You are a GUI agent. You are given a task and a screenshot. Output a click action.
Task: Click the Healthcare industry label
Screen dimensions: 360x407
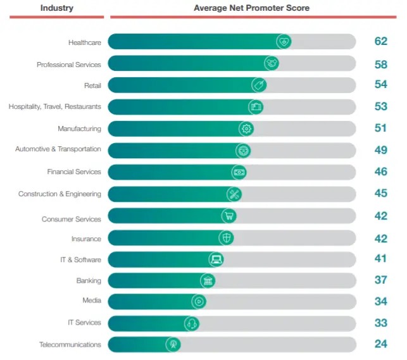(x=84, y=42)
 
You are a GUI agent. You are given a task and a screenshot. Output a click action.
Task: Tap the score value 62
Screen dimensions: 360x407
(x=380, y=42)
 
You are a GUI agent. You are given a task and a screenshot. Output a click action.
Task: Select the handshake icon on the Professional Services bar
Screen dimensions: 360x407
(x=272, y=63)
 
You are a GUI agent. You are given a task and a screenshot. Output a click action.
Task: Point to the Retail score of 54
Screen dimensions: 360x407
(x=380, y=85)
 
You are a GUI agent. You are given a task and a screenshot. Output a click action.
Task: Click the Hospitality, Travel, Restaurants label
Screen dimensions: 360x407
(x=54, y=107)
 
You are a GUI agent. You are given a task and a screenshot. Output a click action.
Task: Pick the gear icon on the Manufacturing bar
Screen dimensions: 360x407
(x=246, y=128)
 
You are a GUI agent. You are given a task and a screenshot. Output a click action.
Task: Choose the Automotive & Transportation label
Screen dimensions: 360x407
(x=58, y=149)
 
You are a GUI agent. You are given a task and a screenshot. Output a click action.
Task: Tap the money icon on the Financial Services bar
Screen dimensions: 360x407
(x=239, y=171)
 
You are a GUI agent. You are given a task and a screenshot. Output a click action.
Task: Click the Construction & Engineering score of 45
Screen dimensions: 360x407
(x=380, y=193)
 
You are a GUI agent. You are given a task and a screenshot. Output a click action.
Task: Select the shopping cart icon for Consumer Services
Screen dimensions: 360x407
(x=229, y=216)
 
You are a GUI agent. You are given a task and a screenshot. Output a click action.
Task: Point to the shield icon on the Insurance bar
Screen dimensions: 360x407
(x=226, y=238)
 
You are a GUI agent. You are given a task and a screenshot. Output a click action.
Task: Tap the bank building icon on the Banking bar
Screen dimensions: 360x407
(x=208, y=280)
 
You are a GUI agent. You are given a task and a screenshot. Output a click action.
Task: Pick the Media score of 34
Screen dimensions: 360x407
(x=380, y=301)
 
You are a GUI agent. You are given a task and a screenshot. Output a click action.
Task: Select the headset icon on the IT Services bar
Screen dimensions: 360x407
(x=192, y=323)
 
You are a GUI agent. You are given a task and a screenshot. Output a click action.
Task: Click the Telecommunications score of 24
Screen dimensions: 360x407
(x=380, y=345)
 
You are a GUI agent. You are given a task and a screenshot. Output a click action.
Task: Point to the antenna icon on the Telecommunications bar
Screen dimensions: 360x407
(x=172, y=345)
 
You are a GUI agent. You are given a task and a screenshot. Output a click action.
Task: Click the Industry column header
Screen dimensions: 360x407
(x=57, y=8)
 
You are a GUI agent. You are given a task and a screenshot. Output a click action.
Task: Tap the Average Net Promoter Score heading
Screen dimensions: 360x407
(x=251, y=8)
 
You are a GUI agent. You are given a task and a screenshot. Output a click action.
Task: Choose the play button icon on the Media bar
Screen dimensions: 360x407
(x=199, y=302)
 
